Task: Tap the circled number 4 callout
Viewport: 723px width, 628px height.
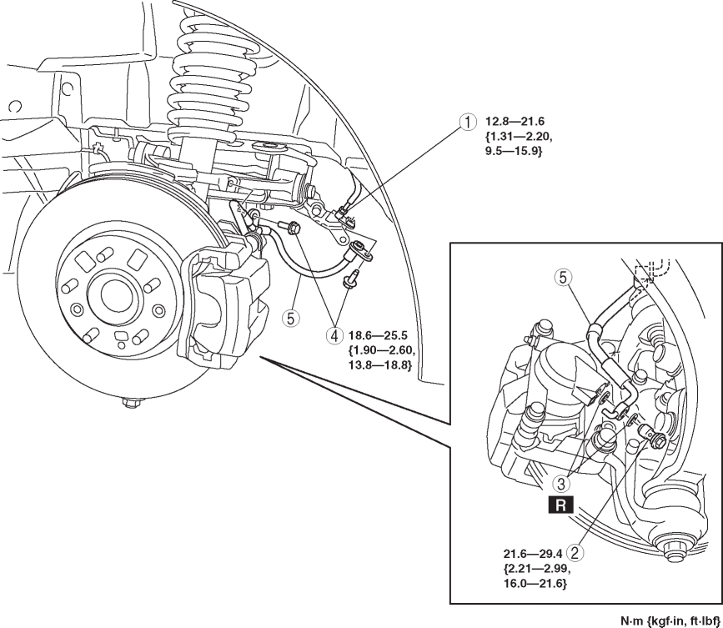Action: (334, 336)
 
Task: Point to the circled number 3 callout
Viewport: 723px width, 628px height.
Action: (563, 482)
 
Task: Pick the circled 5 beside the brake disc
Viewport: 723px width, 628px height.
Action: (291, 317)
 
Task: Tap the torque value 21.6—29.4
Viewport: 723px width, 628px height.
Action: (531, 552)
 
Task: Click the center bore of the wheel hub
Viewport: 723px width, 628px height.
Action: (109, 294)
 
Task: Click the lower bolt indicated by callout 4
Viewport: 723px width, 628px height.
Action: (351, 276)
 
